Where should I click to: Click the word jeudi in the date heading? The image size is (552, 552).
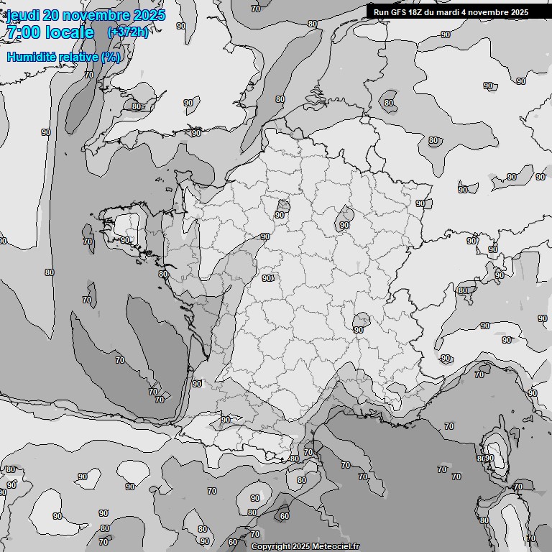coord(23,14)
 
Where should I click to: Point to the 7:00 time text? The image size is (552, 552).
coord(22,32)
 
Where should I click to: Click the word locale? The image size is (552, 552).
coord(69,32)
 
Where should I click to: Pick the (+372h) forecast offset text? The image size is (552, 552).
coord(128,32)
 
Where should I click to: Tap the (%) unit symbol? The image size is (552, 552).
coord(111,57)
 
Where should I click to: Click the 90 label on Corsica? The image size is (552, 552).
coord(489,458)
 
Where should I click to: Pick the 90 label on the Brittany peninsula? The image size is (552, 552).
coord(125,240)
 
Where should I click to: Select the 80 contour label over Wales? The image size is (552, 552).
coord(137,106)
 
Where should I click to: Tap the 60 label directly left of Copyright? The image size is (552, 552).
coord(232,542)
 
